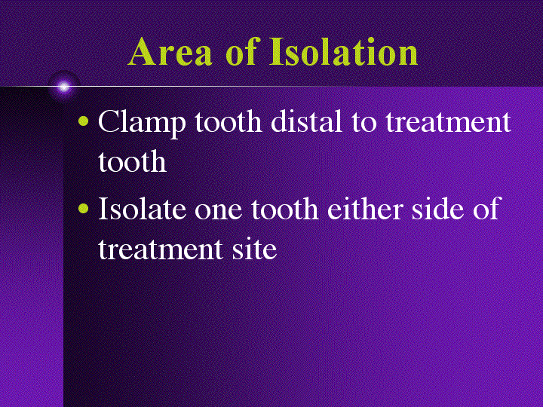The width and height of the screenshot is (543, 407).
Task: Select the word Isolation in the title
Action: pyautogui.click(x=344, y=53)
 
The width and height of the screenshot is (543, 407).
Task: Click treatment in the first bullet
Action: pyautogui.click(x=448, y=123)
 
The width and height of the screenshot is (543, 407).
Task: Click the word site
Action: pyautogui.click(x=253, y=249)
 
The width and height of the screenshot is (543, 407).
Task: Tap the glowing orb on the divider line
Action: pyautogui.click(x=64, y=87)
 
